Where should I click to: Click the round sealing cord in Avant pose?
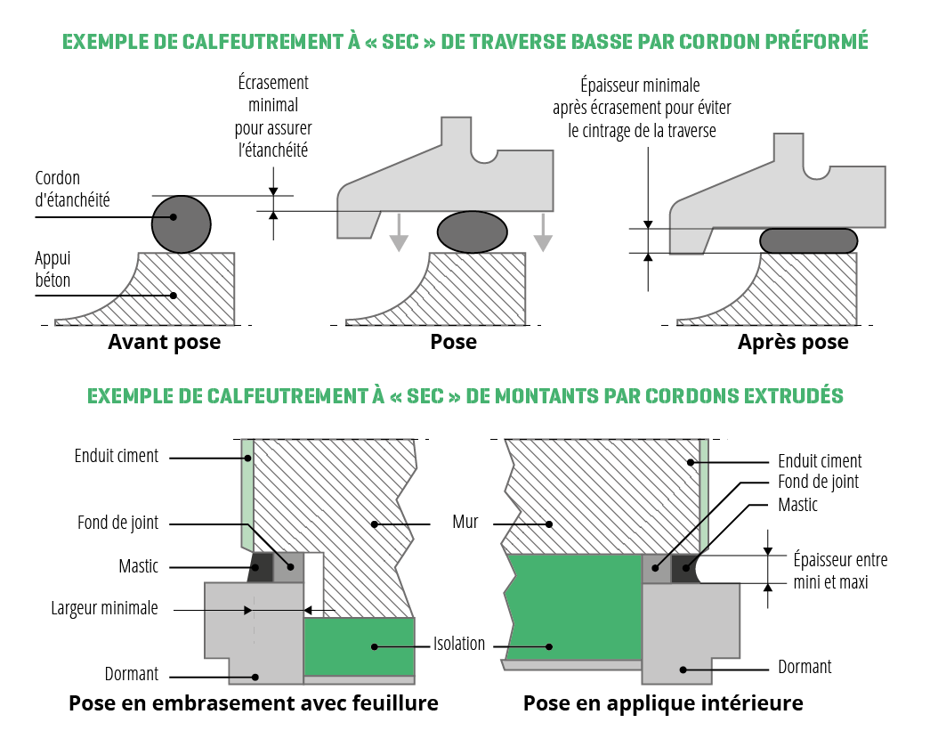[x=182, y=223]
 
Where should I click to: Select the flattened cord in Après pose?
[x=809, y=239]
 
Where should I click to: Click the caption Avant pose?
[x=164, y=342]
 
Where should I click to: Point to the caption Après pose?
[x=793, y=342]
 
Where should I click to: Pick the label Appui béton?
[x=53, y=269]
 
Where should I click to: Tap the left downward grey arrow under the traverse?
[x=399, y=233]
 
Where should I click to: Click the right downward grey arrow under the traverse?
[x=542, y=233]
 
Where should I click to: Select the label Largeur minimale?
[x=104, y=609]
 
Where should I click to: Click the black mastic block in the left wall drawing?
[x=261, y=567]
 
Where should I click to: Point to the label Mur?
[x=463, y=523]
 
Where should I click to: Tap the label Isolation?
[x=459, y=644]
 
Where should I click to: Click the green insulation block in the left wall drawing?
[x=360, y=646]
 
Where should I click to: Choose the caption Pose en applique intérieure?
[x=663, y=703]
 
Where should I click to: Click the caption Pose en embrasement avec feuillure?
[x=254, y=703]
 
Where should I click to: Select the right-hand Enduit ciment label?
[x=820, y=461]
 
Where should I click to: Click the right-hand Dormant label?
[x=805, y=667]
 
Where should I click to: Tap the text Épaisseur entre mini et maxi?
[x=840, y=571]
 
